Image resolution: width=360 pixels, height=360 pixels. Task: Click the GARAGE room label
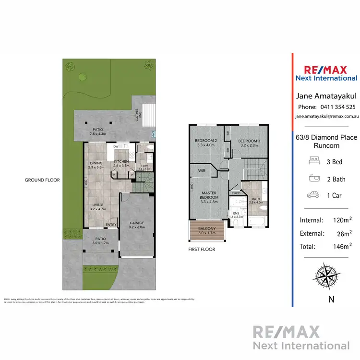click(137, 223)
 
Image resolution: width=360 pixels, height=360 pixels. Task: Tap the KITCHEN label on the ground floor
click(121, 161)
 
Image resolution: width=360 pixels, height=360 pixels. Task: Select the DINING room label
click(96, 163)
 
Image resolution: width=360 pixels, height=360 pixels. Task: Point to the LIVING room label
click(98, 205)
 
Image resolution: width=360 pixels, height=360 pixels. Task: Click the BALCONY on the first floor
click(204, 228)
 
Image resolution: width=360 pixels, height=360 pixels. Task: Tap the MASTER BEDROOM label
click(209, 195)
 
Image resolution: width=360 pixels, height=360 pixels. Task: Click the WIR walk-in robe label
click(202, 169)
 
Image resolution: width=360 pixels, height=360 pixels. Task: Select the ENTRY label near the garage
click(111, 225)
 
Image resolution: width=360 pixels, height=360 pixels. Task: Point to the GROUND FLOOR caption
click(42, 180)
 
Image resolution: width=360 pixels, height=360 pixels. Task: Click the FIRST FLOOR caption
click(202, 250)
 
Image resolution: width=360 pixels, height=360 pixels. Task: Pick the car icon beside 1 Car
click(313, 195)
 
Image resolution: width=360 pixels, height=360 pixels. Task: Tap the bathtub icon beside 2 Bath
click(313, 179)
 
